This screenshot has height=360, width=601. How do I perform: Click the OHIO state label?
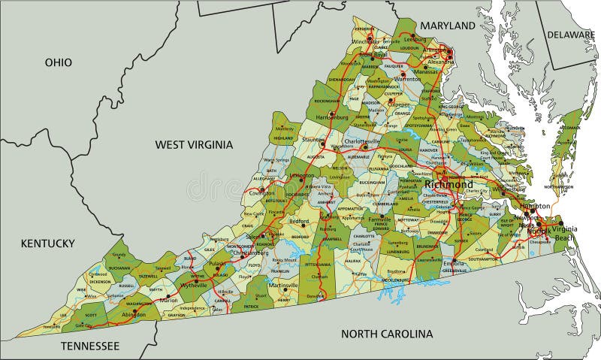click(58, 62)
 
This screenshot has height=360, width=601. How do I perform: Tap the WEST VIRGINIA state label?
click(194, 144)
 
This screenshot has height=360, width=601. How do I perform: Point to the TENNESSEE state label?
click(90, 346)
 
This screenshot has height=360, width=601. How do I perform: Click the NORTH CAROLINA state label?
click(387, 333)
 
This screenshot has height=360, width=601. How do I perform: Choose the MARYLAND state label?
click(447, 26)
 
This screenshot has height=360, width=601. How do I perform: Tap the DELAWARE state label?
click(570, 35)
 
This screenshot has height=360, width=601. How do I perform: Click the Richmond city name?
click(448, 184)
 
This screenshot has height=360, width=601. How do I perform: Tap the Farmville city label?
click(380, 220)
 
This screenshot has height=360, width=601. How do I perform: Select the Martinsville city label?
click(283, 286)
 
